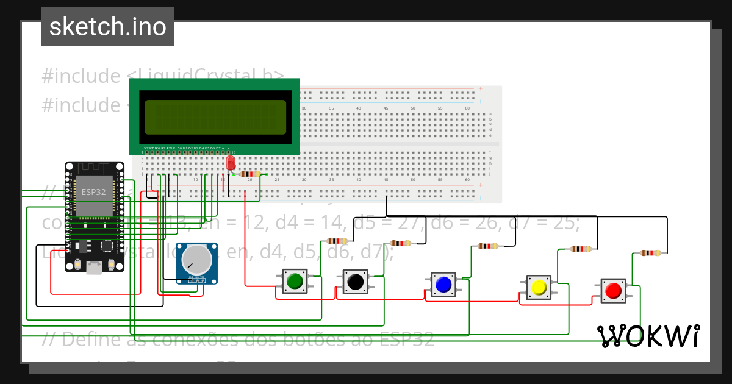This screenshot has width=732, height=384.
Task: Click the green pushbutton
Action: tap(295, 281)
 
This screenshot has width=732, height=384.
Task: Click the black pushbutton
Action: tap(354, 282)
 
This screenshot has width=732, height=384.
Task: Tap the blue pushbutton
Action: tap(443, 284)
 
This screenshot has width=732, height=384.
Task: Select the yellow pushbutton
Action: tap(539, 287)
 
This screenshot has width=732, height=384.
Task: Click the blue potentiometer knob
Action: tap(196, 260)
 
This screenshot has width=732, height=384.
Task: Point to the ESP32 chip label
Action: tap(94, 191)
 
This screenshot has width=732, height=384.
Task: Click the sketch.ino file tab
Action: tap(108, 27)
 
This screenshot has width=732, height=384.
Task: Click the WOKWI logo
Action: tap(648, 336)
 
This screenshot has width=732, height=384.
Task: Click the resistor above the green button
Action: tap(337, 241)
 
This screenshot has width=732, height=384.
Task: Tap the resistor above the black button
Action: tap(400, 243)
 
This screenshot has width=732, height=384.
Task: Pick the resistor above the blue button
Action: tap(488, 246)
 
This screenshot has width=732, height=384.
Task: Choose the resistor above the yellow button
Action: tap(579, 249)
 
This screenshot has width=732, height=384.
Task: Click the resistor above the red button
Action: tap(650, 253)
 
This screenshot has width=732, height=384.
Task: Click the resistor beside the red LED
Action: tap(251, 174)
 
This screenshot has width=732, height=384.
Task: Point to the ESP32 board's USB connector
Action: tap(95, 266)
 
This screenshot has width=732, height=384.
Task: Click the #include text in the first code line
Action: tap(81, 76)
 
